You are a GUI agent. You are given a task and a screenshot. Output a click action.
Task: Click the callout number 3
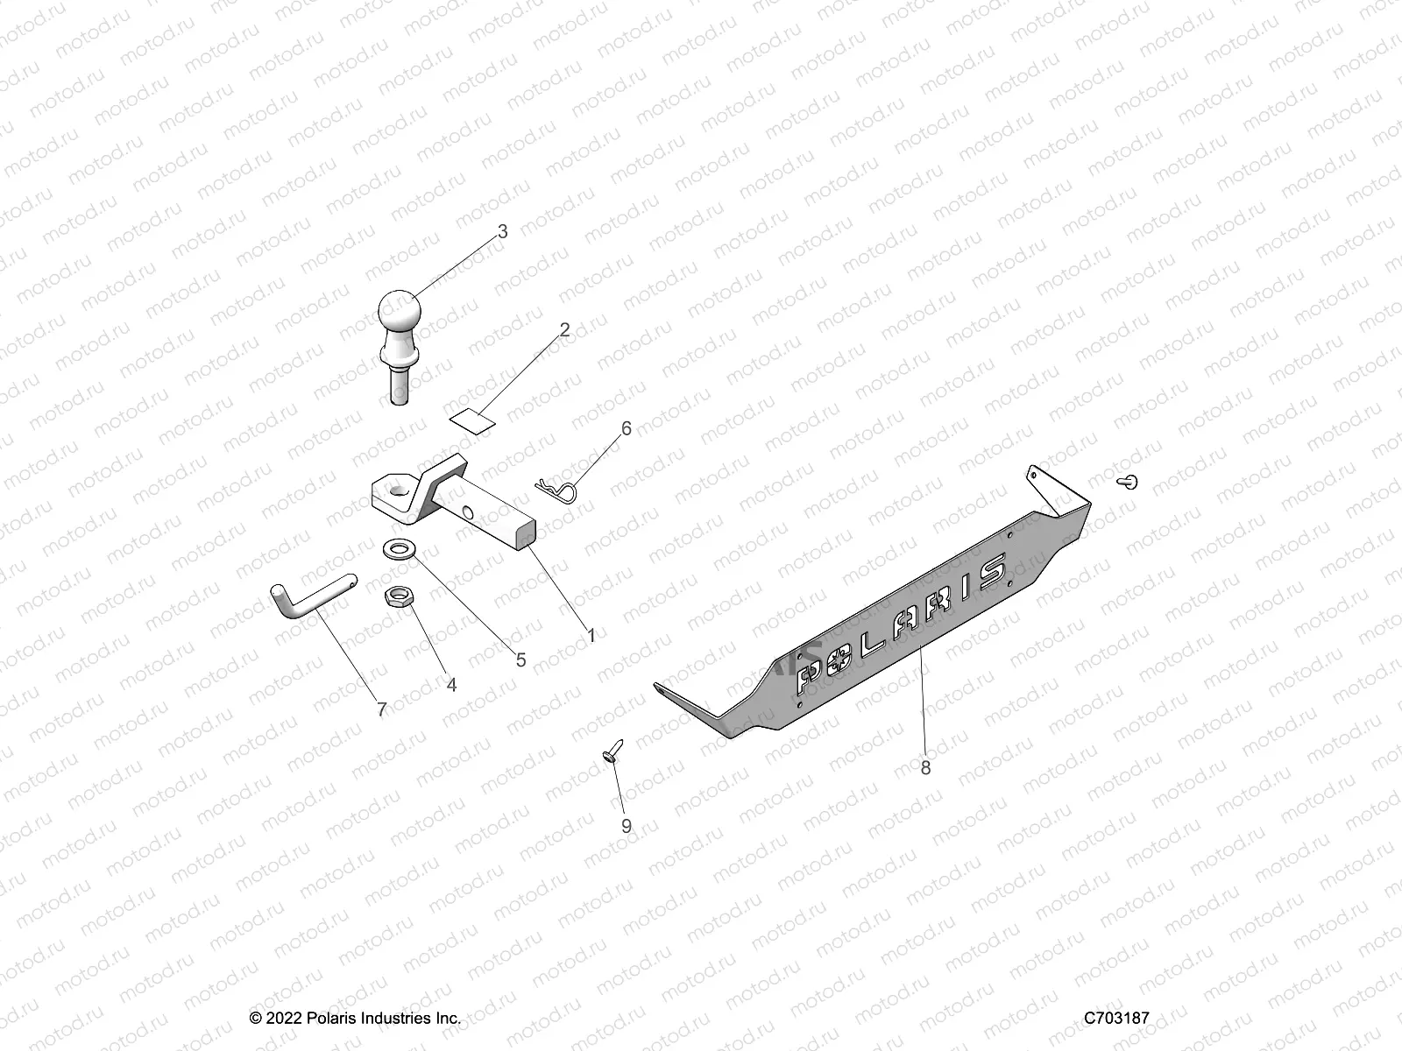[502, 232]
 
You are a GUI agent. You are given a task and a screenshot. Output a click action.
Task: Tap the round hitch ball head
[400, 311]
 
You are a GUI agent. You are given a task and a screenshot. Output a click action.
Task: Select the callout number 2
[564, 330]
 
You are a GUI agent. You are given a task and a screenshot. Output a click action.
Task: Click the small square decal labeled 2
[470, 419]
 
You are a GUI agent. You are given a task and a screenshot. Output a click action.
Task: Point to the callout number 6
[626, 428]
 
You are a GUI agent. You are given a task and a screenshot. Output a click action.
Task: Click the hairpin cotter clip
[558, 487]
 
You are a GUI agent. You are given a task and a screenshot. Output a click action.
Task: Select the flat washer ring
[400, 549]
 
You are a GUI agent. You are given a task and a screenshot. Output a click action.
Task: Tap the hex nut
[399, 596]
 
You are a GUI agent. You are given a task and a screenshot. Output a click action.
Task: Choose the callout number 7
[381, 709]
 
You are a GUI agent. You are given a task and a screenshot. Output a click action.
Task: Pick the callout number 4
[451, 685]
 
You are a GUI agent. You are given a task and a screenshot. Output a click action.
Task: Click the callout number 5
[520, 660]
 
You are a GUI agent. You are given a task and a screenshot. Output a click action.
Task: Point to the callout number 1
[591, 635]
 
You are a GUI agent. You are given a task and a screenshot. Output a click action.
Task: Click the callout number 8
[925, 767]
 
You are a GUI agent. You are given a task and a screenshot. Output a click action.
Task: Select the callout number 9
[626, 826]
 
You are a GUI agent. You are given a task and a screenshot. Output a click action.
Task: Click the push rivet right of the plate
[1129, 481]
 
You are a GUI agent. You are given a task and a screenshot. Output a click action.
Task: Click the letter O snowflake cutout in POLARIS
[847, 656]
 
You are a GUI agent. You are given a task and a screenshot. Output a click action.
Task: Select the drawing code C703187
[1116, 1018]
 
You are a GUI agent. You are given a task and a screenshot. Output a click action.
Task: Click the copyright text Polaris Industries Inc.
[355, 1018]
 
